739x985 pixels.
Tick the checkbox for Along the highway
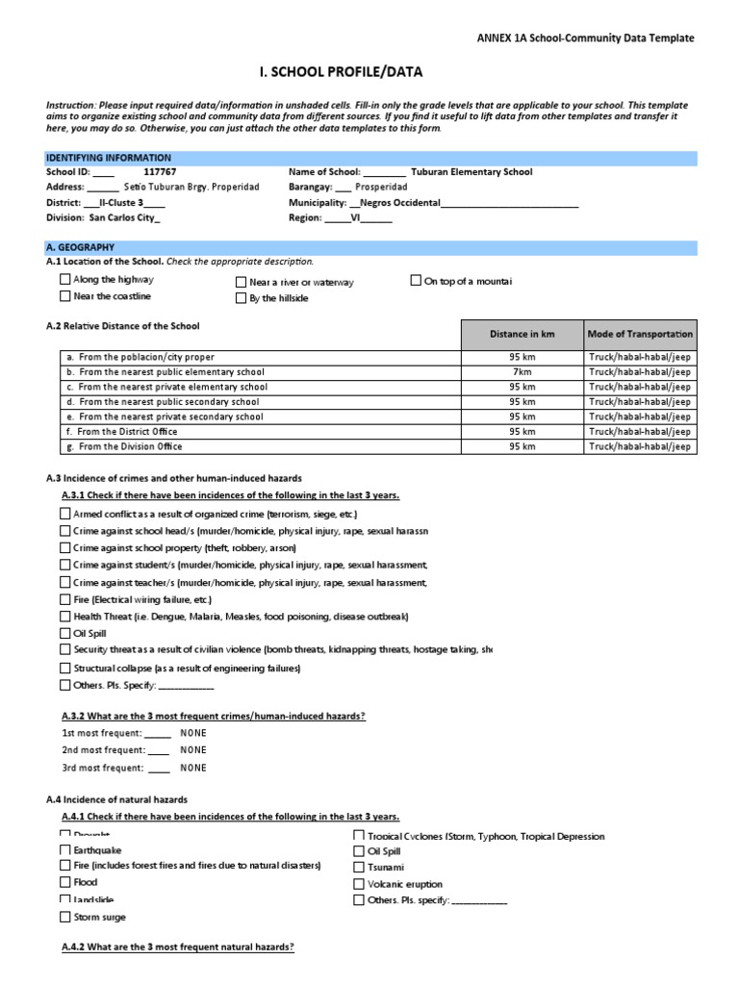click(x=65, y=280)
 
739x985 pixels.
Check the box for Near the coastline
click(x=65, y=296)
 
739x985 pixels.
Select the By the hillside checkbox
click(x=242, y=298)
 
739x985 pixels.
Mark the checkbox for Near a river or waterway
click(x=242, y=282)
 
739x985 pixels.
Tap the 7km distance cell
click(x=522, y=371)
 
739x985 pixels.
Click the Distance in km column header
click(x=522, y=334)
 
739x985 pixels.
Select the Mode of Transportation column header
click(x=640, y=334)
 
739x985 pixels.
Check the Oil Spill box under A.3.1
click(x=65, y=634)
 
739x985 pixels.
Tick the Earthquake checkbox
click(x=65, y=850)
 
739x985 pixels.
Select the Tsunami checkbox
click(x=359, y=868)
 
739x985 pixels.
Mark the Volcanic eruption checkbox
click(x=359, y=884)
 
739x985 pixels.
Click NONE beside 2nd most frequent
click(x=192, y=750)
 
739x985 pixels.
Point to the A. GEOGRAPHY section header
click(x=80, y=247)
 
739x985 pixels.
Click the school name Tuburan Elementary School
click(x=471, y=172)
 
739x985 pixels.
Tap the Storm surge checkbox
click(x=65, y=918)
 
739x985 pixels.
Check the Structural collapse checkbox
click(x=65, y=669)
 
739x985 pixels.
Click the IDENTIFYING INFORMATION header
click(x=109, y=158)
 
